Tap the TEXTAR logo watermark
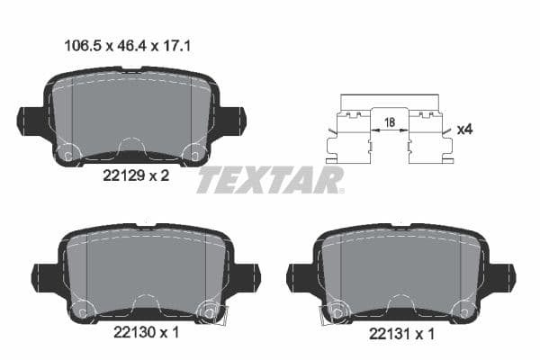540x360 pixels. click(270, 180)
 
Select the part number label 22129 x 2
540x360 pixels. click(131, 176)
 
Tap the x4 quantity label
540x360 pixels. click(464, 130)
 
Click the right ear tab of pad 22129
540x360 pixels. click(234, 120)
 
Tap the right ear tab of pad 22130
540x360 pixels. click(247, 277)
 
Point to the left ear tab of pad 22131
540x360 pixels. click(299, 277)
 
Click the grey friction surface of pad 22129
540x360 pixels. click(131, 112)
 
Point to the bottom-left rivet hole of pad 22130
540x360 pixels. click(81, 311)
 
